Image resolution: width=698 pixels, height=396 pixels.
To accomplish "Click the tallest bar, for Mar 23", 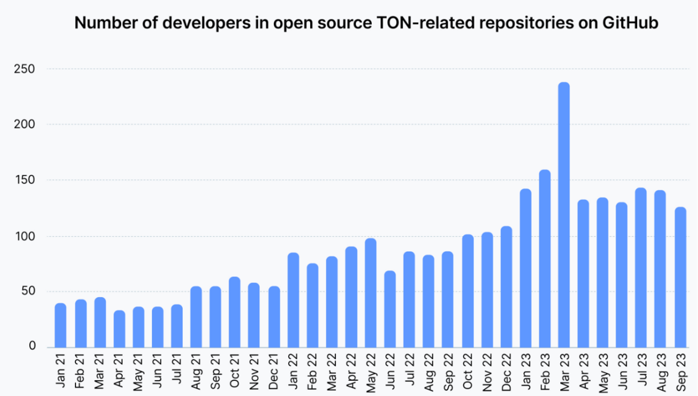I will (x=564, y=215).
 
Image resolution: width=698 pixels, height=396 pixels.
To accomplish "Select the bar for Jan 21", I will (x=60, y=325).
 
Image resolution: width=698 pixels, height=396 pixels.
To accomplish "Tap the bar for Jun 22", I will (x=390, y=309).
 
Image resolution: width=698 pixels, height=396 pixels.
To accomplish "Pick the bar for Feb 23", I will (x=545, y=258).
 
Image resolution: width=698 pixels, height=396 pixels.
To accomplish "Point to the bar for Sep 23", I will (x=681, y=277).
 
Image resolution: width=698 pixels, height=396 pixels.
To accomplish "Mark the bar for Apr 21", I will (x=119, y=329).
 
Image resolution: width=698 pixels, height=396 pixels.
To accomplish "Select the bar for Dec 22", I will (x=506, y=287).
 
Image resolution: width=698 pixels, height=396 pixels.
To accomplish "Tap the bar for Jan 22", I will (x=293, y=300).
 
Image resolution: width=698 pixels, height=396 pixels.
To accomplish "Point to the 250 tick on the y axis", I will (x=24, y=69).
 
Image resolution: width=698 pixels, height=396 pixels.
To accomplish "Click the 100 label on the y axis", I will (x=25, y=236).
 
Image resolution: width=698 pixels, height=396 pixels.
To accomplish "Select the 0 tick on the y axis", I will (x=32, y=346).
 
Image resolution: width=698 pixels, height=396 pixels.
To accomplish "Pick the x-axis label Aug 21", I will (x=196, y=371).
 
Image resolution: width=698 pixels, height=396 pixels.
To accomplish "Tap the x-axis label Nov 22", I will (x=487, y=372).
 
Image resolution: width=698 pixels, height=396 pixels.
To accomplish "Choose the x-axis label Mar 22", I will (x=332, y=372).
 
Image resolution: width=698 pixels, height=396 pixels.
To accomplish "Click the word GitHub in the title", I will (x=630, y=23).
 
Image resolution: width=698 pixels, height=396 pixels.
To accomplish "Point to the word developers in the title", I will (x=207, y=23).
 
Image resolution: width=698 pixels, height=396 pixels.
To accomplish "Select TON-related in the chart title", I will (x=425, y=23).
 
